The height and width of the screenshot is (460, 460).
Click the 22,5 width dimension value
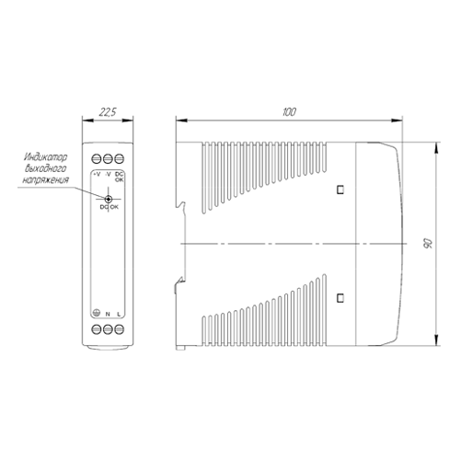click(x=108, y=112)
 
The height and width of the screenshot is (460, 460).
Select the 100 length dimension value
click(x=289, y=112)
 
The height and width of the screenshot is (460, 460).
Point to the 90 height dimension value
click(x=428, y=243)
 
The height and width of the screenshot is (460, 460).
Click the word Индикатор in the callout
click(x=45, y=157)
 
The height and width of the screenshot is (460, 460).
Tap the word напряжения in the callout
click(x=45, y=179)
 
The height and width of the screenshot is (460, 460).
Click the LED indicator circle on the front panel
click(x=108, y=199)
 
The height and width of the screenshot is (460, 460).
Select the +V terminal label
click(x=97, y=174)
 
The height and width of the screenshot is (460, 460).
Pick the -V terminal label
click(x=108, y=174)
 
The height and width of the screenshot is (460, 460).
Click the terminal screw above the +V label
click(x=97, y=159)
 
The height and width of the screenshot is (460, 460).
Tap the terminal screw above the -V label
click(x=108, y=159)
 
